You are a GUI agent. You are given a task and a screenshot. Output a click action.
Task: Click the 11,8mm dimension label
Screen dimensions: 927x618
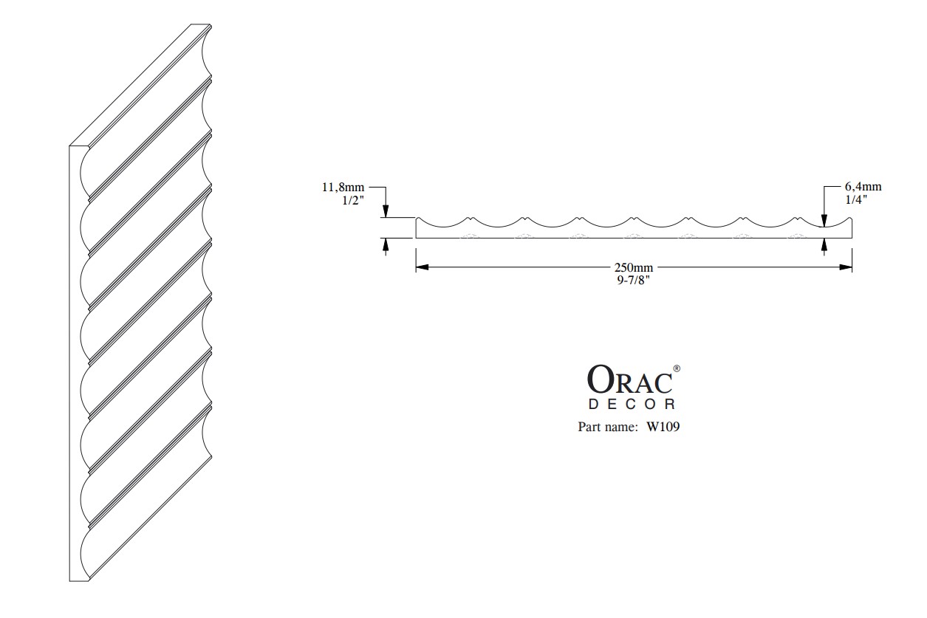pyautogui.click(x=343, y=188)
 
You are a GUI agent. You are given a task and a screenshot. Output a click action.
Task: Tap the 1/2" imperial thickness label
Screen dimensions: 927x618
pyautogui.click(x=353, y=201)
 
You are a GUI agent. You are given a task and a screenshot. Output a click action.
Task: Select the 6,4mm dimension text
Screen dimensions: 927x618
pyautogui.click(x=863, y=187)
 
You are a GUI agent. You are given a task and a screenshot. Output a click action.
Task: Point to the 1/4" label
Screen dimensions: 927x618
pyautogui.click(x=856, y=200)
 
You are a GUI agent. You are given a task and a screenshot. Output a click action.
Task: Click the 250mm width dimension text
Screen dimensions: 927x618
pyautogui.click(x=634, y=267)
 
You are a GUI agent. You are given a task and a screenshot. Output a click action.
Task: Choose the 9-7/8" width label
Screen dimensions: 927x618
pyautogui.click(x=633, y=281)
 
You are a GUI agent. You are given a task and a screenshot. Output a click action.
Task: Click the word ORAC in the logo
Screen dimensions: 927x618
pyautogui.click(x=629, y=379)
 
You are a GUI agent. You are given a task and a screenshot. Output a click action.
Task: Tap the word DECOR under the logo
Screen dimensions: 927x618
pyautogui.click(x=632, y=404)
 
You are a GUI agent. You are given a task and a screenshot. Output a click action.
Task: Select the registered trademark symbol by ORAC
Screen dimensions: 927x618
pyautogui.click(x=677, y=368)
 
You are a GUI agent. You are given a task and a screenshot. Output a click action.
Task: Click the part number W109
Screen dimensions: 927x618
pyautogui.click(x=663, y=427)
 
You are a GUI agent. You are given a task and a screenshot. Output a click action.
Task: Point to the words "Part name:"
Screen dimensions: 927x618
pyautogui.click(x=608, y=427)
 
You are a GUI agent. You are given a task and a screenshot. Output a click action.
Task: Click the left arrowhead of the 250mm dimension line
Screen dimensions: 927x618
pyautogui.click(x=422, y=267)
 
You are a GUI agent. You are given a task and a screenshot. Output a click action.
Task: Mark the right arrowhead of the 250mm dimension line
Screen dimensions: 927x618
pyautogui.click(x=846, y=267)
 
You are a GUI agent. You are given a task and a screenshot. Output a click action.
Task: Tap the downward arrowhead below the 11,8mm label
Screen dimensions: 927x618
pyautogui.click(x=386, y=211)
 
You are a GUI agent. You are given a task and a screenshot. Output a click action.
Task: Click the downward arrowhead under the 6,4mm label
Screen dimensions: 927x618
pyautogui.click(x=824, y=221)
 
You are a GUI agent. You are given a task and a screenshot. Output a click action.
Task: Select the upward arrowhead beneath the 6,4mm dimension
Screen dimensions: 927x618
pyautogui.click(x=824, y=245)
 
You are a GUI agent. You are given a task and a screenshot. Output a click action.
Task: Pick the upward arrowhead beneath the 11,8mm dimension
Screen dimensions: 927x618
pyautogui.click(x=386, y=244)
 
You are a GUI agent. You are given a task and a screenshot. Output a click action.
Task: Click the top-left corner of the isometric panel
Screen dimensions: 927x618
pyautogui.click(x=69, y=146)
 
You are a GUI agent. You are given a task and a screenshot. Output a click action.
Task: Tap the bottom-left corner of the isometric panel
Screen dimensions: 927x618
pyautogui.click(x=69, y=581)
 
